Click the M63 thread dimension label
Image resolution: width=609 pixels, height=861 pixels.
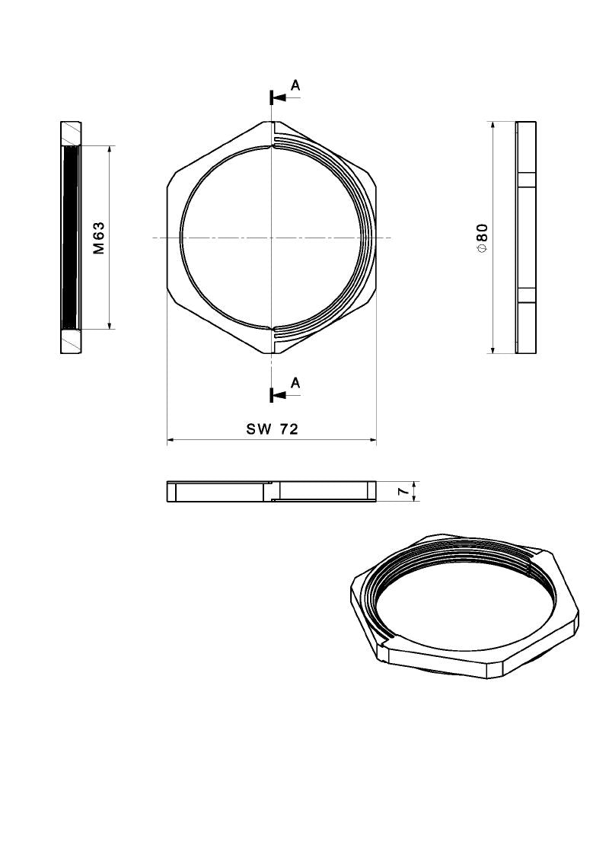pyautogui.click(x=99, y=238)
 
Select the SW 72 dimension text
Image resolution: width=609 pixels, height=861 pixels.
pyautogui.click(x=272, y=429)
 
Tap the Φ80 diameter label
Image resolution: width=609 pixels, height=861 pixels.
pyautogui.click(x=482, y=238)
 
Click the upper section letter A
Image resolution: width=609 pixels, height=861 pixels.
pyautogui.click(x=295, y=85)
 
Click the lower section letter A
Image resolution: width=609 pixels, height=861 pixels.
pyautogui.click(x=295, y=383)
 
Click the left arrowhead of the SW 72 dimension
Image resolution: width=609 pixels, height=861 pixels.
pyautogui.click(x=171, y=440)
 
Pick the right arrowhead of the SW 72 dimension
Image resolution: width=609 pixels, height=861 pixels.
pyautogui.click(x=372, y=440)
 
